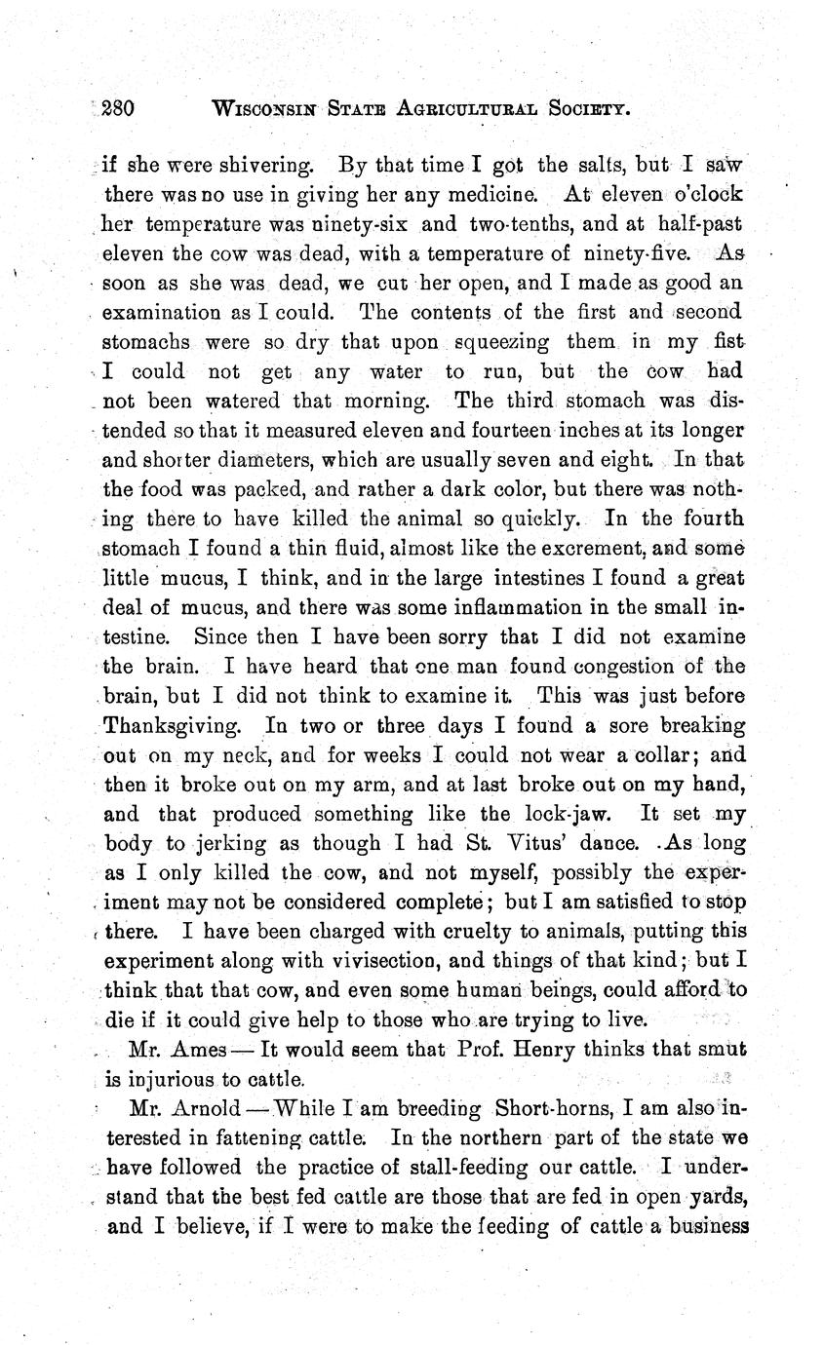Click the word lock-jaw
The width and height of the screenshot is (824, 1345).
567,815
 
